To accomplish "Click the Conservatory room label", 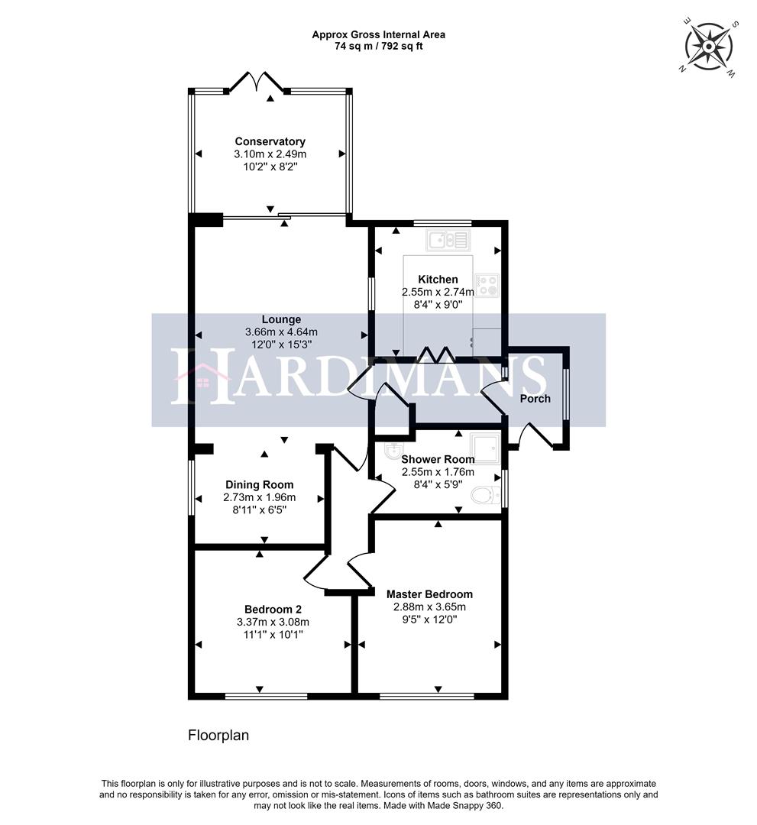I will tap(270, 141).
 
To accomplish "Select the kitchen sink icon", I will tap(450, 241).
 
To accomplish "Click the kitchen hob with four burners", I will tap(487, 285).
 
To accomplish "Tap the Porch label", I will tap(535, 399).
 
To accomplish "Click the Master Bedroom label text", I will tap(429, 594).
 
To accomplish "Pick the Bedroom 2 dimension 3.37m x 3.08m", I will tap(273, 622).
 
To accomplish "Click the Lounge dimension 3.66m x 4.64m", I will tap(281, 332).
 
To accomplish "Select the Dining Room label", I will tap(259, 484).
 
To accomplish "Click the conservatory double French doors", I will tap(257, 82).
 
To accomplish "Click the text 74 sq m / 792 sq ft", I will tap(378, 46).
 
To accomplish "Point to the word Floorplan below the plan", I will tap(218, 736).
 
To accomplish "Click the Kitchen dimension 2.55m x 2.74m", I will tap(438, 292).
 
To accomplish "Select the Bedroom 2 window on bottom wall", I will tap(267, 696).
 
